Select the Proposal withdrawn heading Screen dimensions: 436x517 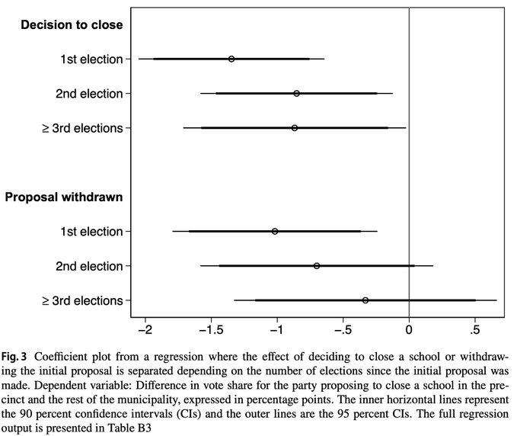[x=64, y=197]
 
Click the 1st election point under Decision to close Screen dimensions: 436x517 [x=231, y=59]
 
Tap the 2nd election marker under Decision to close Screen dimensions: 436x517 [x=296, y=94]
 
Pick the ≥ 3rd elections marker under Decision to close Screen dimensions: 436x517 [x=295, y=128]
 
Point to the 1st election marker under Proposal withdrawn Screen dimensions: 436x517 [x=275, y=231]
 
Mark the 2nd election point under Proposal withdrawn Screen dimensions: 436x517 [x=317, y=266]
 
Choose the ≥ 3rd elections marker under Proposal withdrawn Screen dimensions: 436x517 [x=365, y=300]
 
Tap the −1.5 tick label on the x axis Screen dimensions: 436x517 [x=209, y=331]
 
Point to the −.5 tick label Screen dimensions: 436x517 [x=342, y=331]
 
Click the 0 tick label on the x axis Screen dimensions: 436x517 [x=410, y=331]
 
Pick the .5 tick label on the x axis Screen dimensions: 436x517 [x=475, y=331]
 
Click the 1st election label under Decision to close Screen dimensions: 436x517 [x=90, y=59]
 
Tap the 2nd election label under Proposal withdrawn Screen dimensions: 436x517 [x=89, y=266]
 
